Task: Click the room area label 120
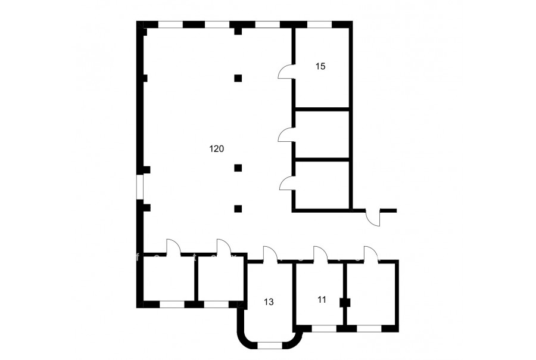coord(216,149)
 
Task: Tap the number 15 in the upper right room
coord(320,66)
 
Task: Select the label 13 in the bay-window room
coord(269,302)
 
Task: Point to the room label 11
coord(322,300)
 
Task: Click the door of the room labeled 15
coord(286,72)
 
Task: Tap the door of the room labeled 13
coord(270,254)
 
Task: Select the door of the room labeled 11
coord(320,254)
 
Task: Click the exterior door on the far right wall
coord(373,217)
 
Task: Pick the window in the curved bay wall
coord(269,345)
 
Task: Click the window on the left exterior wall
coord(140,187)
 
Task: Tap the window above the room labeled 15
coord(319,24)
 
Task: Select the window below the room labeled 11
coord(324,328)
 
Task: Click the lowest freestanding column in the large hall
coord(238,209)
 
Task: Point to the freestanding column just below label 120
coord(238,167)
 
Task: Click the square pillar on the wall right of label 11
coord(345,303)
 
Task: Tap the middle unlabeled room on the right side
coord(322,135)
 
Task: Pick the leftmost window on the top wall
coord(170,24)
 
